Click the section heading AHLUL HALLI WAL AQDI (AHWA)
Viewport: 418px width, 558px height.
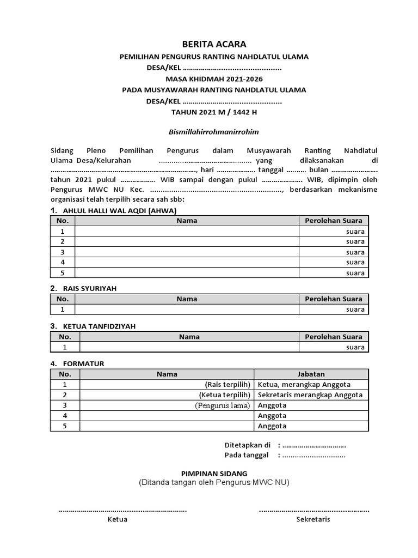(x=120, y=211)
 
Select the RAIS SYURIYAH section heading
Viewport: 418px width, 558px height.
(x=90, y=288)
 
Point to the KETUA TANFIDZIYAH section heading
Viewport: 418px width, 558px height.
(x=99, y=326)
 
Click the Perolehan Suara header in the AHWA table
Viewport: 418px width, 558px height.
(x=333, y=221)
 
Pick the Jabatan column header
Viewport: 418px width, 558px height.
(x=311, y=374)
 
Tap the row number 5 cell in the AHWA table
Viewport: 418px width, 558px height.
(x=63, y=273)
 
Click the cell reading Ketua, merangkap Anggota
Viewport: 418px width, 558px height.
(x=304, y=384)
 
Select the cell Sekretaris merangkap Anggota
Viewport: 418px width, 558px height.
(x=310, y=395)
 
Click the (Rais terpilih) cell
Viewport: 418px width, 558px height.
(x=228, y=384)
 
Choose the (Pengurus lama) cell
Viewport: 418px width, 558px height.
(x=223, y=405)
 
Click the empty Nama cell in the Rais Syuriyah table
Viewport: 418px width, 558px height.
(x=187, y=310)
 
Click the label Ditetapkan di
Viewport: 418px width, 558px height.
(x=248, y=445)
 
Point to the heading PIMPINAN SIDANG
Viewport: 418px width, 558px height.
(x=214, y=473)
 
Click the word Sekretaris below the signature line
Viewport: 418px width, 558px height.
(x=313, y=519)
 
